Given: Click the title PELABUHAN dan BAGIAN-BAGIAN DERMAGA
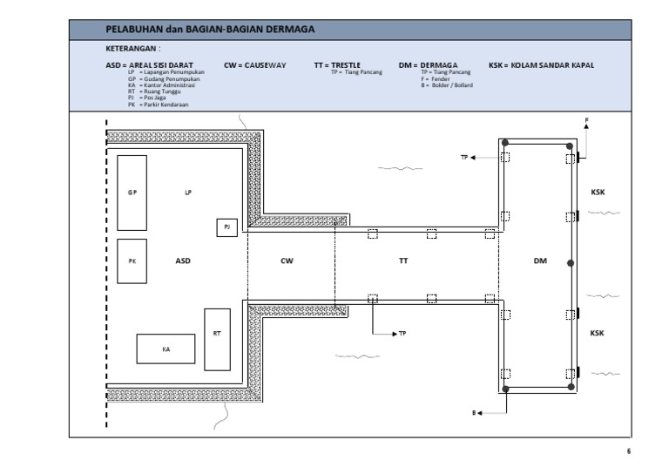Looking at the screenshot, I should (x=210, y=30).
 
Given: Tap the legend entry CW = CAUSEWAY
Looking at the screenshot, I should (x=254, y=64).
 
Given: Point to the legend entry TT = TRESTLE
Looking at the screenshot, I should (x=338, y=64).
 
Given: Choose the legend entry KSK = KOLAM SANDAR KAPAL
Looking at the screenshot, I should (x=541, y=64).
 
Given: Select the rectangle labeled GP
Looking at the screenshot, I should (x=132, y=192).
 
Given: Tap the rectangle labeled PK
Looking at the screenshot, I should (x=132, y=261).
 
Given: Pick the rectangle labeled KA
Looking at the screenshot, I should (x=166, y=349).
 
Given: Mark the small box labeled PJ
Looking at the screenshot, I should (x=226, y=227).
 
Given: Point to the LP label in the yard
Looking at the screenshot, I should (x=187, y=192).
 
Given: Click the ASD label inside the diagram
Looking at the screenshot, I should (x=183, y=261).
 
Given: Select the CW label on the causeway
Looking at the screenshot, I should (x=287, y=261).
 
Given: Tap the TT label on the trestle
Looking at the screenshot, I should (x=403, y=261).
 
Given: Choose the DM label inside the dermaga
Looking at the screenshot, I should (x=539, y=261).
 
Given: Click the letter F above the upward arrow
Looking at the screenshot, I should (x=586, y=119).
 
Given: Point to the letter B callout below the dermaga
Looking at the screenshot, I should (x=475, y=414).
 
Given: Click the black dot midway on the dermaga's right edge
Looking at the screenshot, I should (x=570, y=262).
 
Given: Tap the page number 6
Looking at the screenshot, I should (x=628, y=451).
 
